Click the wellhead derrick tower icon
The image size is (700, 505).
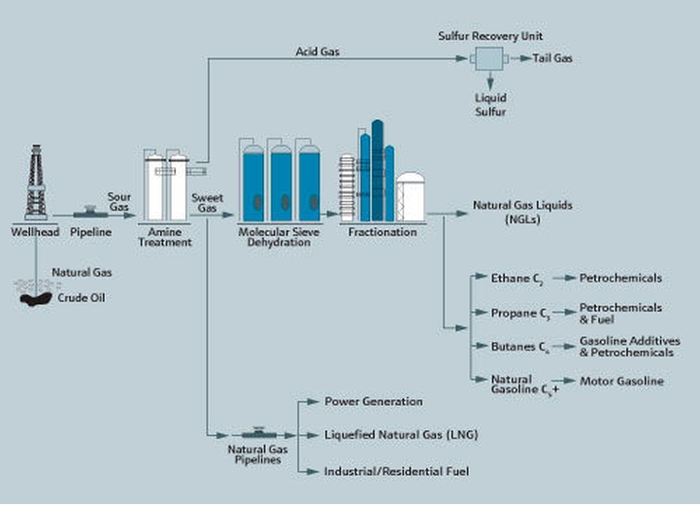coord(36,183)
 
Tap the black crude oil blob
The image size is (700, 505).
coord(36,299)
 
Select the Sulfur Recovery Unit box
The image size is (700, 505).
coord(489,58)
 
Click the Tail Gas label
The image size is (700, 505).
coord(552,58)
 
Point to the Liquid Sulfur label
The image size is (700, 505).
coord(490,105)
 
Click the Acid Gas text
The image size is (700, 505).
coord(317,51)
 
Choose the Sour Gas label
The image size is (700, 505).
coord(118,202)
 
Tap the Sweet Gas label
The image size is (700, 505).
coord(207,203)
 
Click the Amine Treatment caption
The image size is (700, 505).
coord(165,237)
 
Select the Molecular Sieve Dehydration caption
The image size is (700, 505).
coord(279,237)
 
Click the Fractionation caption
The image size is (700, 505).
coord(383,232)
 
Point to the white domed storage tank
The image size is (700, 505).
coord(410,197)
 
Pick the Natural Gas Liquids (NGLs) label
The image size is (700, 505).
coord(522,212)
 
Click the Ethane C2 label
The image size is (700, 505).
coord(517,279)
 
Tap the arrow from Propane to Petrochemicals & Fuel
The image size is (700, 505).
coord(564,313)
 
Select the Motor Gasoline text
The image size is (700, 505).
coord(621,382)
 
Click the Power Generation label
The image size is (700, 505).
coord(374,401)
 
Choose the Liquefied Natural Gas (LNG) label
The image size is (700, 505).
coord(401,435)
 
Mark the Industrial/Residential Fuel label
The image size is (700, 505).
coord(396,472)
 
